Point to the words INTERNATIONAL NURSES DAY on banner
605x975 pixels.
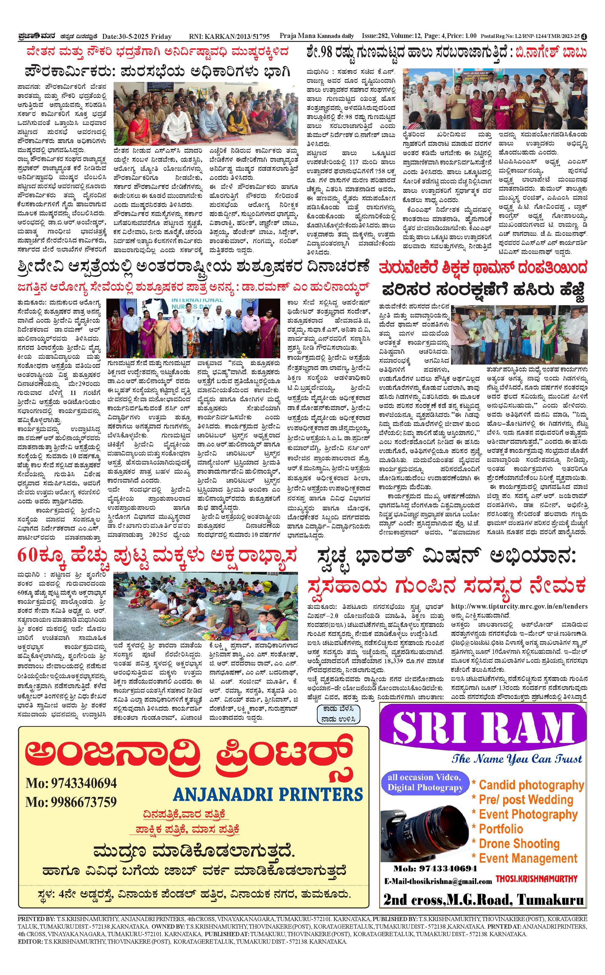[196, 304]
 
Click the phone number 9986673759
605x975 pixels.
[71, 802]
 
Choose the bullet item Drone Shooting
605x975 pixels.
[519, 844]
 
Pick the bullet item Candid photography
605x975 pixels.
[531, 785]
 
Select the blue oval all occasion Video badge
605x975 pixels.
[425, 782]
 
